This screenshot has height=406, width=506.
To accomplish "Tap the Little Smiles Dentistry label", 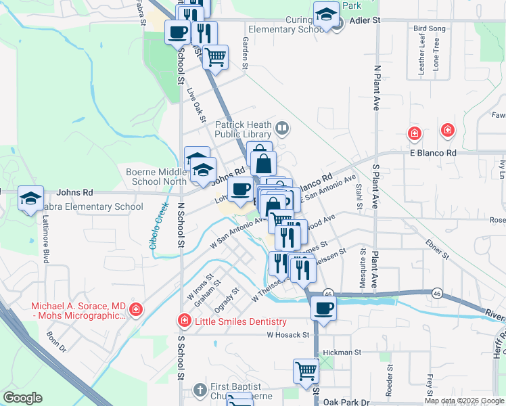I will click(x=241, y=322).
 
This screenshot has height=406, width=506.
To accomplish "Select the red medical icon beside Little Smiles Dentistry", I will click(x=183, y=321).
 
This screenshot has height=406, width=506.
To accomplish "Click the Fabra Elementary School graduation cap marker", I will click(x=30, y=198).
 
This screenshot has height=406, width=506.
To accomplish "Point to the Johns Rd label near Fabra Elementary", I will click(x=74, y=193).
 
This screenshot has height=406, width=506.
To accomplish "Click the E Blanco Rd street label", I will click(x=433, y=153).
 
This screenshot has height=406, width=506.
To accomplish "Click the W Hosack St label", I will click(x=287, y=335).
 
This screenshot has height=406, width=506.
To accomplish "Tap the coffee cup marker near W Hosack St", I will click(x=323, y=309).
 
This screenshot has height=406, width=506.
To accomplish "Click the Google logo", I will click(x=22, y=398).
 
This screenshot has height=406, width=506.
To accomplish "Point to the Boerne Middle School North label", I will click(x=156, y=177).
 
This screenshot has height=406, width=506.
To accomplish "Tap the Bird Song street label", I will click(x=430, y=29).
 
